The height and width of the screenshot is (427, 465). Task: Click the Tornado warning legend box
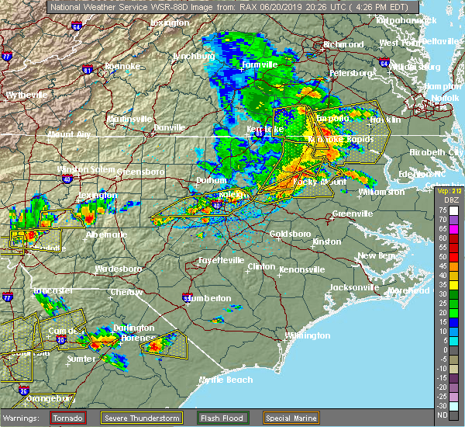click(x=68, y=418)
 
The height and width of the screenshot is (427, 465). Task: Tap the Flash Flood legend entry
click(x=222, y=418)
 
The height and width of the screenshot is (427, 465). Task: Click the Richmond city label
click(x=343, y=44)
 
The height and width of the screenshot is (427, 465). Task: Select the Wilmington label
click(x=306, y=335)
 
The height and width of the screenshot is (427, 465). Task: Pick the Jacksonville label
click(x=353, y=286)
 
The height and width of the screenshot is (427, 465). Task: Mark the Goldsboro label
click(x=290, y=234)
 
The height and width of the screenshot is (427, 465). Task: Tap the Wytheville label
click(x=28, y=95)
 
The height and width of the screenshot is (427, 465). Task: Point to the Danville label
click(x=170, y=127)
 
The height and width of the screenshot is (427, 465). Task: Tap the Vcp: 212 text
click(x=447, y=190)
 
